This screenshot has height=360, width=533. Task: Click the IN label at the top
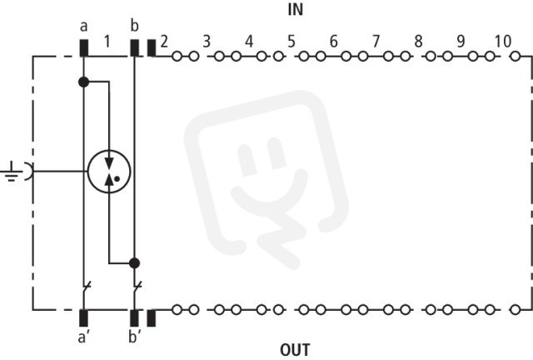(296, 10)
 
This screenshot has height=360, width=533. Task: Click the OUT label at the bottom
(295, 350)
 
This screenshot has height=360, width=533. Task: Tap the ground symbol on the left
(12, 172)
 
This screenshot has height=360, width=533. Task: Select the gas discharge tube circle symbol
(109, 172)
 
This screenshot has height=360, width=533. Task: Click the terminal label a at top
(83, 27)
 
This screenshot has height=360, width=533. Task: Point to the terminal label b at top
(135, 25)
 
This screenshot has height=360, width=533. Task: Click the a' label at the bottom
(83, 337)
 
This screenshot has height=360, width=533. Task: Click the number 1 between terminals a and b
(107, 42)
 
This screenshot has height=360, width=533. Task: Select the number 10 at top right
(503, 42)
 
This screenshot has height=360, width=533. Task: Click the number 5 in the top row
(291, 42)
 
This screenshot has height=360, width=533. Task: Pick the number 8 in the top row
(418, 42)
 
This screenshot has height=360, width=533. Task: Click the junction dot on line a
(83, 82)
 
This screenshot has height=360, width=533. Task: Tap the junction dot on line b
(135, 263)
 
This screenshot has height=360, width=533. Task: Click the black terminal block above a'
(83, 317)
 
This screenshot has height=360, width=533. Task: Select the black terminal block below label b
(135, 48)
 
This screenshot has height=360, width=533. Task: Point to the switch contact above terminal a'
(87, 288)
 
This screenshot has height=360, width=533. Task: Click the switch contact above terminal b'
(137, 288)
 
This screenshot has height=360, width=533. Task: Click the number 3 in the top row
(207, 42)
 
